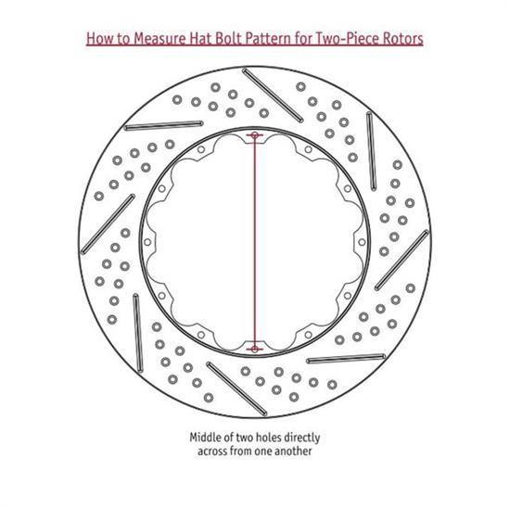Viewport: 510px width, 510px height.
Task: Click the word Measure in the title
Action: click(x=160, y=38)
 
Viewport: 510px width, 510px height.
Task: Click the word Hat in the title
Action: click(x=198, y=38)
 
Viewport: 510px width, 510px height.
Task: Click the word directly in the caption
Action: click(x=302, y=438)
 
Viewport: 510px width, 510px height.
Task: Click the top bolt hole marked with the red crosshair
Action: click(x=255, y=134)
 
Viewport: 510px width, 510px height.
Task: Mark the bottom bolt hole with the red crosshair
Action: click(x=255, y=350)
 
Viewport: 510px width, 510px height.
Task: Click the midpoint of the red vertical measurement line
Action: click(x=255, y=242)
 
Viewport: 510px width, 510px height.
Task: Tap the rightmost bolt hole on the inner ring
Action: click(x=362, y=242)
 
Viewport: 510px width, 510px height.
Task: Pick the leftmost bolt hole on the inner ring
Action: click(x=147, y=242)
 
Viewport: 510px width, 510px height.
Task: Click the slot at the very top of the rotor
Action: click(x=273, y=95)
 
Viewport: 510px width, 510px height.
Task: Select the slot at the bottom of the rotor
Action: click(x=236, y=389)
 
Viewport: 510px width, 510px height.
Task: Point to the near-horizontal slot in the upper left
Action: click(x=163, y=125)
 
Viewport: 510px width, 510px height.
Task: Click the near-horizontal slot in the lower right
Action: click(x=346, y=359)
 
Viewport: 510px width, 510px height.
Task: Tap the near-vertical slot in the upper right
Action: click(x=372, y=151)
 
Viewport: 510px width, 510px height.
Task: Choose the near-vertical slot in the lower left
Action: click(x=138, y=333)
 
